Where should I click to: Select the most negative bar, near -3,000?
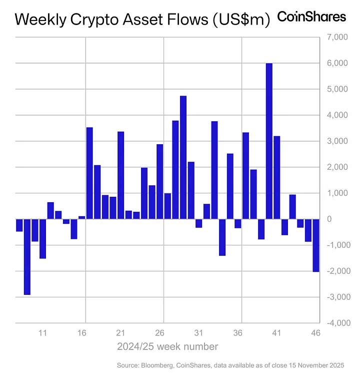(x=27, y=257)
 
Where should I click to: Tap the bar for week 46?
(x=316, y=245)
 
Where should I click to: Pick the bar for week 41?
(x=277, y=177)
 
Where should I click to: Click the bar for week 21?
(x=120, y=175)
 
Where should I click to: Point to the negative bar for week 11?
(x=42, y=239)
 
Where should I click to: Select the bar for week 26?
(x=159, y=181)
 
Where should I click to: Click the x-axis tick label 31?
(x=198, y=333)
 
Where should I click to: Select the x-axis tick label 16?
(x=81, y=333)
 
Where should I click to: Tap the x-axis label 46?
(x=315, y=333)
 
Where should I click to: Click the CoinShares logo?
(x=311, y=17)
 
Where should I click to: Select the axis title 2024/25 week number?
(x=167, y=346)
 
